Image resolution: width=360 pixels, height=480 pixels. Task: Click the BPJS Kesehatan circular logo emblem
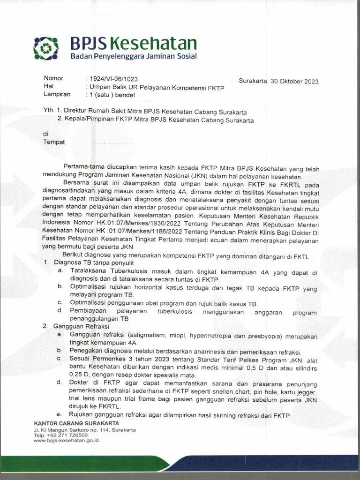(x=46, y=47)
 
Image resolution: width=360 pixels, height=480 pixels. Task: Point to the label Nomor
(x=53, y=78)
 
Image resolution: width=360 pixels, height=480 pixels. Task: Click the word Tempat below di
(x=54, y=142)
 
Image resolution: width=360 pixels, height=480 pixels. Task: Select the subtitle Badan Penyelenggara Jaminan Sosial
(x=134, y=57)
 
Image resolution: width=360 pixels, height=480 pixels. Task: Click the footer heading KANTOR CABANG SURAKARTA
(x=76, y=424)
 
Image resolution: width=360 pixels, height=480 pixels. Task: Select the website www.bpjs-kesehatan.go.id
(x=66, y=440)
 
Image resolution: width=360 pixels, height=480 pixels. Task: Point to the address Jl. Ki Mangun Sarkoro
(x=70, y=429)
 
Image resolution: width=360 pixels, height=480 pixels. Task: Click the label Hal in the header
(x=49, y=86)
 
